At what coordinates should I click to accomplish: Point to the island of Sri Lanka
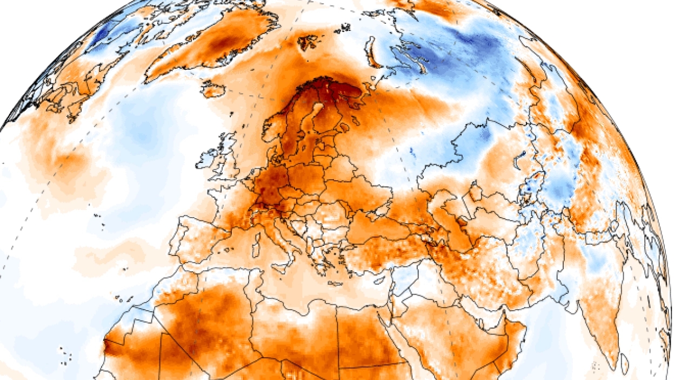[x=624, y=363]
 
